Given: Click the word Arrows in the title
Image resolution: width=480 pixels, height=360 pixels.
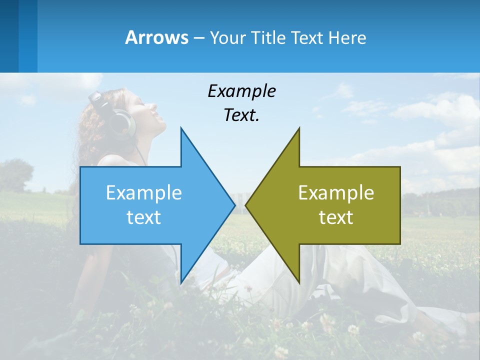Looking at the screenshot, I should coord(156,37).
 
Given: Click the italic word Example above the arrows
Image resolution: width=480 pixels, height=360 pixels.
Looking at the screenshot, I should coord(241,91).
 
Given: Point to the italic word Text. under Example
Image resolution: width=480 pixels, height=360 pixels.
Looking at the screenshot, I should coord(241,115).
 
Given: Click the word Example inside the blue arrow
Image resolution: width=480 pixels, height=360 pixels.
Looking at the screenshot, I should coord(144,192).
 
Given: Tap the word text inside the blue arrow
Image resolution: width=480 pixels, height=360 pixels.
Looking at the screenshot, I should coord(144,217).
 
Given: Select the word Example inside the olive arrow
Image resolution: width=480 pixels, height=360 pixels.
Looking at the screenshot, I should coord(336,192).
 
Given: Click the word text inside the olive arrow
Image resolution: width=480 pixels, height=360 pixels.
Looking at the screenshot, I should coord(336,217).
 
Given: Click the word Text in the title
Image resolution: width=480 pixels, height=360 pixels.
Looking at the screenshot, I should coord(307,37).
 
